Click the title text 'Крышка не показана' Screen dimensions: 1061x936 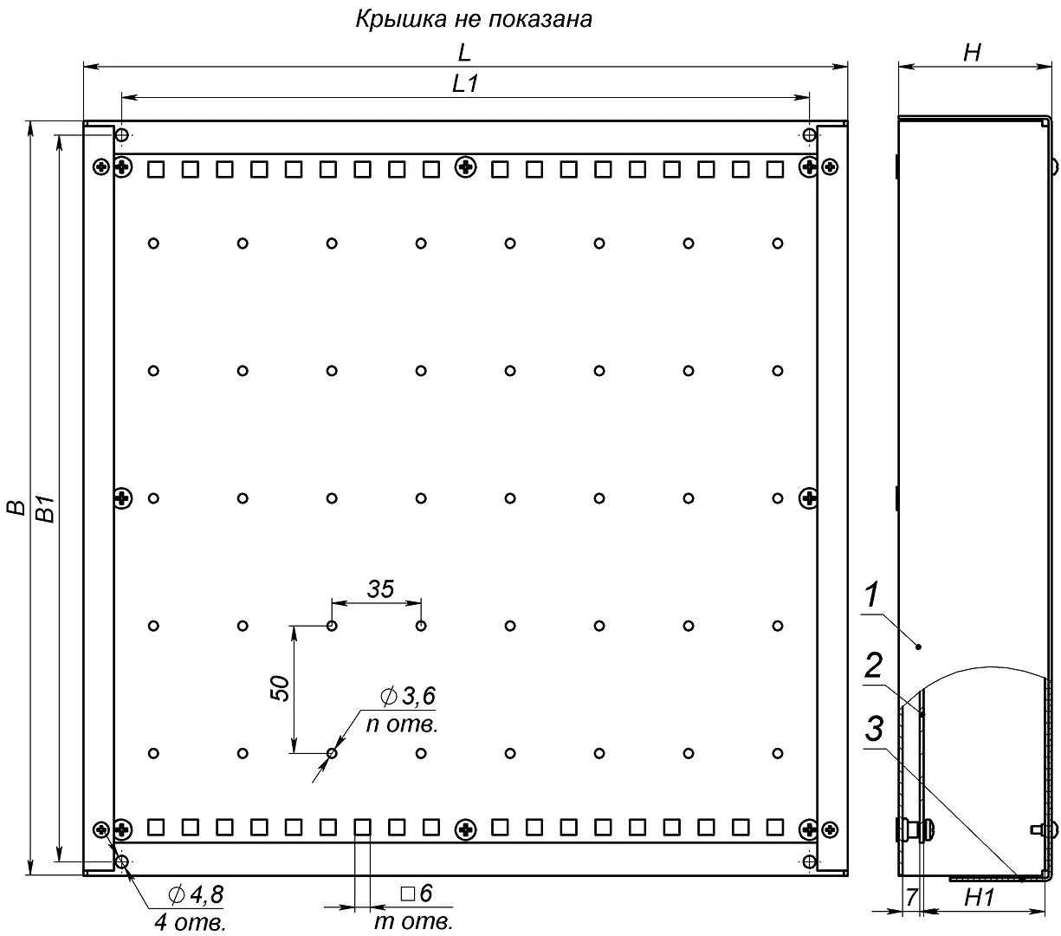pos(474,19)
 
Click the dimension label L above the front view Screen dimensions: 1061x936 pos(464,53)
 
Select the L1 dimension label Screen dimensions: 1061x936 pos(465,83)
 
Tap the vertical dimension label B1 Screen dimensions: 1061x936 pos(46,509)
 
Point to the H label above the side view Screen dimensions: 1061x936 pos(972,53)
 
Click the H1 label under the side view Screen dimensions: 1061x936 pos(979,898)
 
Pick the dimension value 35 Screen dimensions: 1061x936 pos(380,589)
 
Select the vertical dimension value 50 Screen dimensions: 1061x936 pos(280,689)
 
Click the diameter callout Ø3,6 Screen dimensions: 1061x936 pos(408,696)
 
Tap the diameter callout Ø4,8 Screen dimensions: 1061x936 pos(196,894)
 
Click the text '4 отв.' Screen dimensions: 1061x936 pos(190,923)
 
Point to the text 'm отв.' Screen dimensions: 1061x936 pos(414,921)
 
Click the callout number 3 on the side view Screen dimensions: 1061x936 pos(874,729)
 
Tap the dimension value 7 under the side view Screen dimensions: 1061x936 pos(911,897)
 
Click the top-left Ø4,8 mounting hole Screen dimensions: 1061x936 pos(121,135)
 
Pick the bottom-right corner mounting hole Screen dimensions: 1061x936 pos(810,861)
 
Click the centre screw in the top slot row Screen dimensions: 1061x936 pos(466,168)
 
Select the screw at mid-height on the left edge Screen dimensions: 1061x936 pos(122,497)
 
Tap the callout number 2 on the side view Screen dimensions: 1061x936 pos(873,666)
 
